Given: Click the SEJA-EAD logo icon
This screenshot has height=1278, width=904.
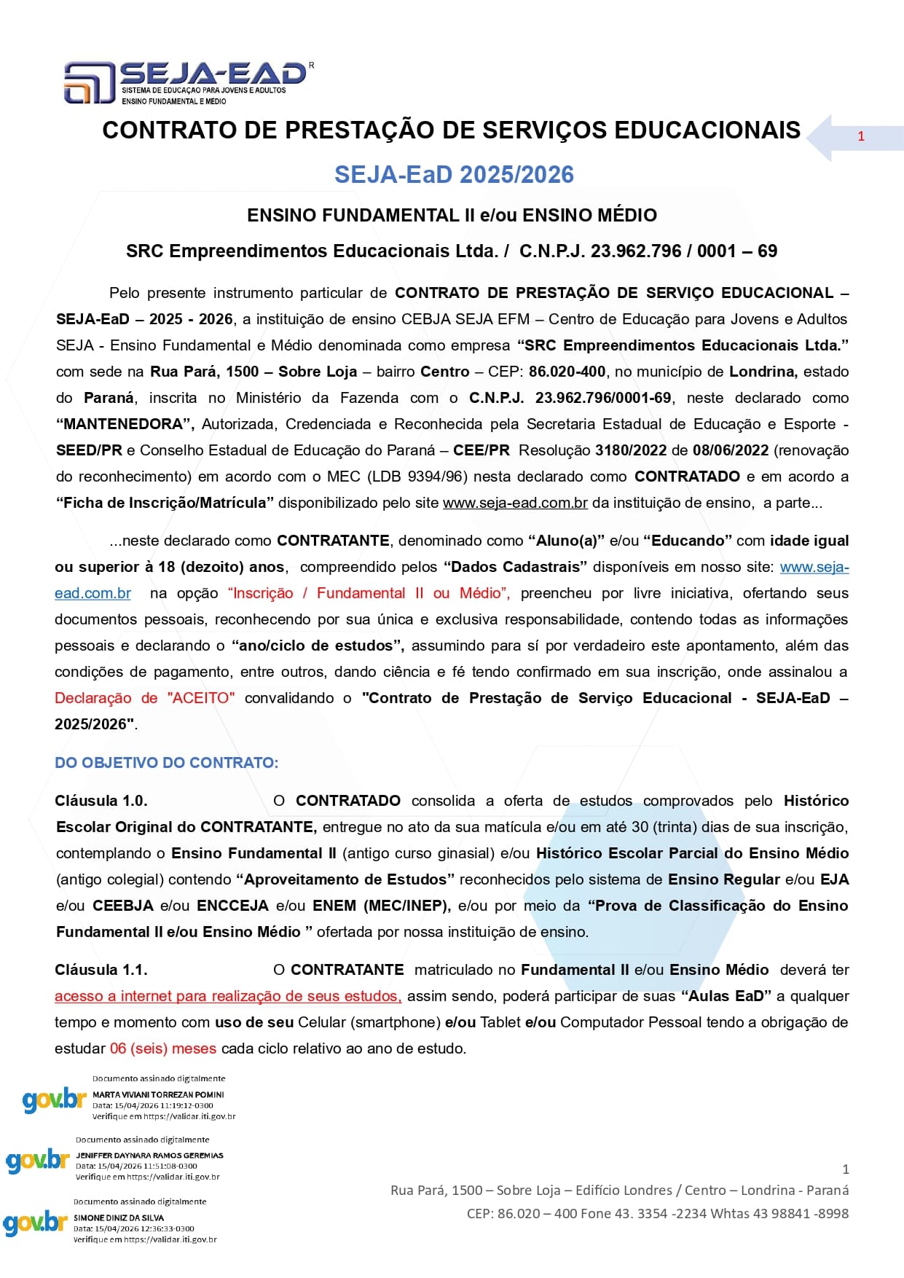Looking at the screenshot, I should tap(90, 82).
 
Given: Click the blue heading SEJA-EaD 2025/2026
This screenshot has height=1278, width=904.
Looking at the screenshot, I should tap(454, 175).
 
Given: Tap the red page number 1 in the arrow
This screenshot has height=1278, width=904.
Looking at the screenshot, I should tap(861, 136).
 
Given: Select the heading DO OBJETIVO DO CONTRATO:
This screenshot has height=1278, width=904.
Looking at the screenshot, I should tap(166, 763).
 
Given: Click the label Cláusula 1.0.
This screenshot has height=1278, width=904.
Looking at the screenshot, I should tap(101, 801).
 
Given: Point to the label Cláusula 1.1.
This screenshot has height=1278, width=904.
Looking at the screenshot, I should tap(101, 970).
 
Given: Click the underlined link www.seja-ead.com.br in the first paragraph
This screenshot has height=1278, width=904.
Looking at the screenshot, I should tap(515, 503).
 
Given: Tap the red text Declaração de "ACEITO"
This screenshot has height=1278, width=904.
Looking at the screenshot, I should tap(144, 698).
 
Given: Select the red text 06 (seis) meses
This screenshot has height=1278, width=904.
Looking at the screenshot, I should tap(162, 1048).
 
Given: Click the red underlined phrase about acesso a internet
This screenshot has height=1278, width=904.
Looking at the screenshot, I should tap(227, 996).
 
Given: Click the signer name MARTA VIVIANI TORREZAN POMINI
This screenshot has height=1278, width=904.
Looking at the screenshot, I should tap(158, 1094).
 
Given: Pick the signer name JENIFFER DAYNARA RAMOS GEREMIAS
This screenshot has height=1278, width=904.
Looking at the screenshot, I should tap(149, 1155).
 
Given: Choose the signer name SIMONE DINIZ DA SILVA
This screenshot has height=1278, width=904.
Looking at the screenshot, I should tap(119, 1218).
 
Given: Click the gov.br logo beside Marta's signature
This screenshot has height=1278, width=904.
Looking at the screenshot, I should tap(54, 1099).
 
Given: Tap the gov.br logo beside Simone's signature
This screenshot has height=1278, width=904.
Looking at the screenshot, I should tap(35, 1223).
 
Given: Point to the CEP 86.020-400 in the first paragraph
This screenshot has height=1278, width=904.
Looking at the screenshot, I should tap(567, 372).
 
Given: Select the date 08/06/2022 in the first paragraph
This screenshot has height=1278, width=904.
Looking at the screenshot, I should tap(731, 450).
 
